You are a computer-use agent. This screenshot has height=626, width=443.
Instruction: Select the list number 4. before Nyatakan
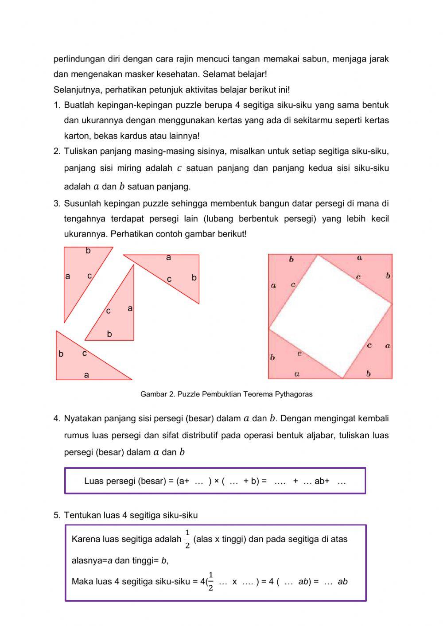point(57,419)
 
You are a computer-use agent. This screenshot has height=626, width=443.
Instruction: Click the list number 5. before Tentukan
point(57,515)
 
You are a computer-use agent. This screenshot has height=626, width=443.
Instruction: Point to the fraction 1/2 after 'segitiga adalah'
point(187,539)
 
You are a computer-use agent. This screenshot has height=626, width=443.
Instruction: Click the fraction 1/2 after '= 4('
point(210,581)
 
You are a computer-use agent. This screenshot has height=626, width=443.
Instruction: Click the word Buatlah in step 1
point(79,105)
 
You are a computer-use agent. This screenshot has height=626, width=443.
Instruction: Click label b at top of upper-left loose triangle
point(88,251)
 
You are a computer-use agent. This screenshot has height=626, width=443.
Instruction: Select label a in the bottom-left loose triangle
point(86,375)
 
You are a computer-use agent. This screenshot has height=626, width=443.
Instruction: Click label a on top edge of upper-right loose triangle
point(168,257)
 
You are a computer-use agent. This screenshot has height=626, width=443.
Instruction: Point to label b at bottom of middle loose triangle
point(109,334)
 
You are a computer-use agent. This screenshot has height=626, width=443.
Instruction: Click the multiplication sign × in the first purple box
point(217,481)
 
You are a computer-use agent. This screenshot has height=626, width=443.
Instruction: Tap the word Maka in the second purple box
point(81,582)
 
